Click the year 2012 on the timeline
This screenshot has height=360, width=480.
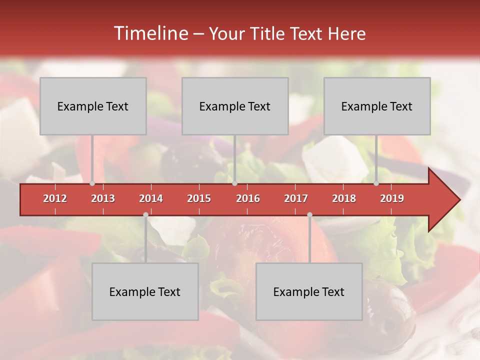pos(55,198)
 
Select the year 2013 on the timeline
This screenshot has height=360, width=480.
pos(103,198)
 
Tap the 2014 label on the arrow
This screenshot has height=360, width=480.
pos(151,198)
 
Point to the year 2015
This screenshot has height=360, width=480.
pos(199,198)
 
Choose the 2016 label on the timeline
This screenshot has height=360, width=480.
pos(248,198)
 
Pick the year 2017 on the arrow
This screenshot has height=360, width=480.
pos(296,198)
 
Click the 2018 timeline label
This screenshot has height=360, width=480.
pos(344,198)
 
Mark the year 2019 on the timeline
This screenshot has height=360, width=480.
pos(392,198)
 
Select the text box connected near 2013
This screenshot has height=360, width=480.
pos(93,106)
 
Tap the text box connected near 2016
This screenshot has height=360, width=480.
pos(235,106)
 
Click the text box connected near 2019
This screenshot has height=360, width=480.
pos(377,106)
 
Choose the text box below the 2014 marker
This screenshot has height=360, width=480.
pos(145,291)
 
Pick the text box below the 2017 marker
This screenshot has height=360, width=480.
pos(309,291)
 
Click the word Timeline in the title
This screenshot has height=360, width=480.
pos(150,33)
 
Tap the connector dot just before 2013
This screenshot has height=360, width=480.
pos(92,183)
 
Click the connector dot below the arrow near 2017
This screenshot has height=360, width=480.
pos(309,215)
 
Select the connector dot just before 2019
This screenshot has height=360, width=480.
pos(376,183)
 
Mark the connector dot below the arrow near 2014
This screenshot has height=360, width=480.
pos(145,215)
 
